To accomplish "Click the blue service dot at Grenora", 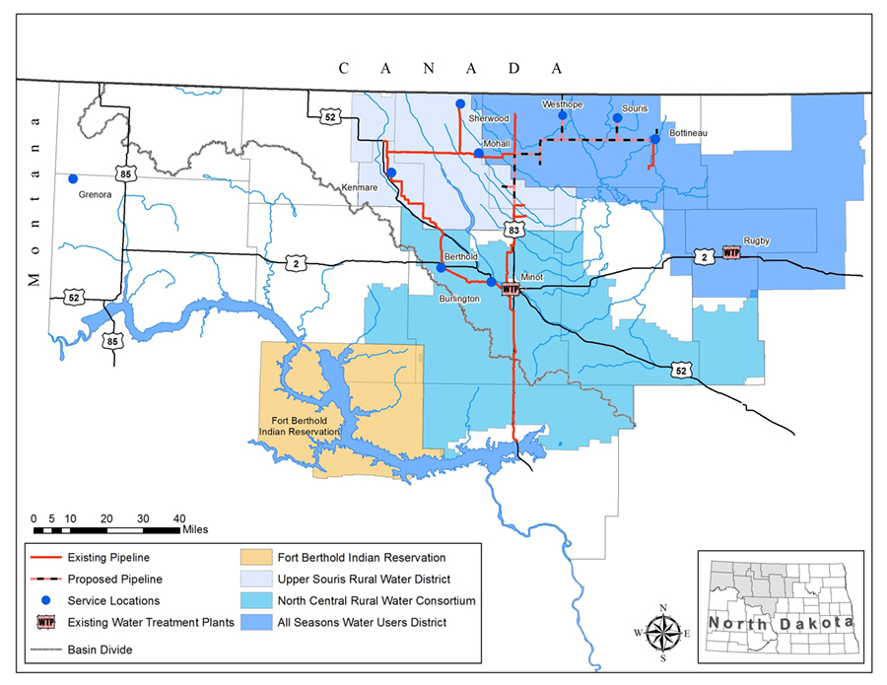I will (72, 179).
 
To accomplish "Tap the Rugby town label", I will (757, 240).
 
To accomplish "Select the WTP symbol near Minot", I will (511, 289).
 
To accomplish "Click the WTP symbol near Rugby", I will (731, 253).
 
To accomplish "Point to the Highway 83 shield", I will (512, 229).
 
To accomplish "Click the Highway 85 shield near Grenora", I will (124, 174).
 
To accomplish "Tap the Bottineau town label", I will (688, 132).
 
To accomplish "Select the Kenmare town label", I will (360, 186).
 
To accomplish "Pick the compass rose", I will (663, 631).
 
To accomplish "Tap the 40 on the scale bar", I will (179, 517).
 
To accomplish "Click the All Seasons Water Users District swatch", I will (258, 622).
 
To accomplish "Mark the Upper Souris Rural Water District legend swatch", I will (258, 580).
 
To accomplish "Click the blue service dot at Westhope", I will (563, 115).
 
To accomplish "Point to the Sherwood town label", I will (489, 118).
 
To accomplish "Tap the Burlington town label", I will (460, 298).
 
